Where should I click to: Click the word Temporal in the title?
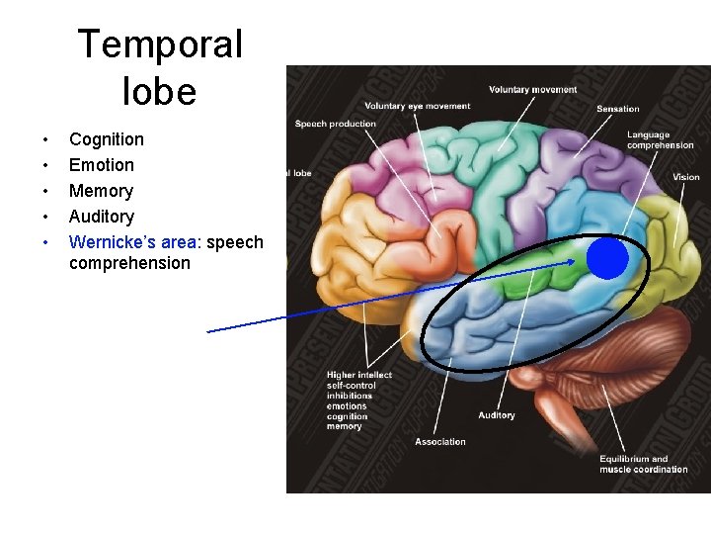tap(159, 44)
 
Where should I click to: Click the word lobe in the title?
tap(159, 92)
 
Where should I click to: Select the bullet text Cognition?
tap(107, 139)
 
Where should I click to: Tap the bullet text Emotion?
tap(102, 165)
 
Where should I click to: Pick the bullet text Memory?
tap(101, 191)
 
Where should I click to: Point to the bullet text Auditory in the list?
tap(102, 217)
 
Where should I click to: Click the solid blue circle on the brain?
tap(607, 259)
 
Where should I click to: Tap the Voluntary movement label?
tap(532, 90)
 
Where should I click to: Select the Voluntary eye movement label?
tap(418, 106)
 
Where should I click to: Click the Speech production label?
tap(336, 124)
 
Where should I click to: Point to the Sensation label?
tap(618, 109)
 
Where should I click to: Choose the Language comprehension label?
tap(660, 140)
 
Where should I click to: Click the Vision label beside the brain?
tap(686, 177)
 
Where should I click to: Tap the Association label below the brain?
tap(440, 441)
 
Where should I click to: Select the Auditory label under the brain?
tap(497, 415)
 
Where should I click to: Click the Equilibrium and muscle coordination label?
tap(643, 464)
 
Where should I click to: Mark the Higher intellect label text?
tap(359, 375)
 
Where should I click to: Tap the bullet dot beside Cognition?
tap(42, 139)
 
